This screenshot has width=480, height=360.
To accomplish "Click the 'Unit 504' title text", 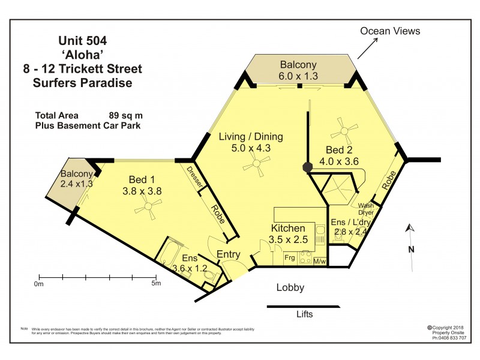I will click(x=83, y=41).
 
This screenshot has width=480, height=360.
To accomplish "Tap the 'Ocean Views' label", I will click(x=390, y=31).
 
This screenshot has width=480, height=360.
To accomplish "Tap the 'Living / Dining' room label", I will click(x=251, y=136).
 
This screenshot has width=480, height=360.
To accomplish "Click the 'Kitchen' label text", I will click(x=289, y=229).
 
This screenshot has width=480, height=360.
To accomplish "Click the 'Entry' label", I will click(x=229, y=254).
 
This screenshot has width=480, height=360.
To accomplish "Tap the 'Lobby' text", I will click(x=290, y=287).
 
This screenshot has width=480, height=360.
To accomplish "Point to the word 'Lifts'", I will click(x=304, y=314).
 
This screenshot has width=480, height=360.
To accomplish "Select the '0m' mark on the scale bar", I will click(x=40, y=283).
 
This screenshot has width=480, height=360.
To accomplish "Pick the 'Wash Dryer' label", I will click(x=366, y=209).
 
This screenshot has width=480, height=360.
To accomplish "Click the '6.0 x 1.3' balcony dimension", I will click(x=298, y=76).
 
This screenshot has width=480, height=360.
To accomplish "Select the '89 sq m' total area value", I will click(x=125, y=115).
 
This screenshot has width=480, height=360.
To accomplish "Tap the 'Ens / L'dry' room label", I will click(x=352, y=223).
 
